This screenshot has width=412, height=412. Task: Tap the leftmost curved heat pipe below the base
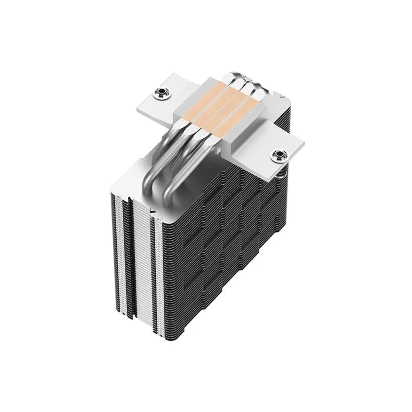[161, 169]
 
